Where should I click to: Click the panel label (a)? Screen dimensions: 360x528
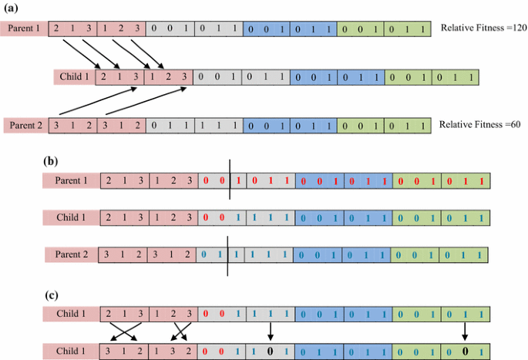coord(12,10)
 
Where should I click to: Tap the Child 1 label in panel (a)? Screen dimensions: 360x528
coord(74,76)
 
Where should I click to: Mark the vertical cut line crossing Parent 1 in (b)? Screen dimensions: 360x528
coord(229,181)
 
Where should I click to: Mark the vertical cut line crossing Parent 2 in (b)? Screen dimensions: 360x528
coord(228,258)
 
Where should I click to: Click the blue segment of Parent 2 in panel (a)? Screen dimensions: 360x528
coord(291,125)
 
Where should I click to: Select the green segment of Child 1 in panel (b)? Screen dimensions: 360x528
coord(439,217)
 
